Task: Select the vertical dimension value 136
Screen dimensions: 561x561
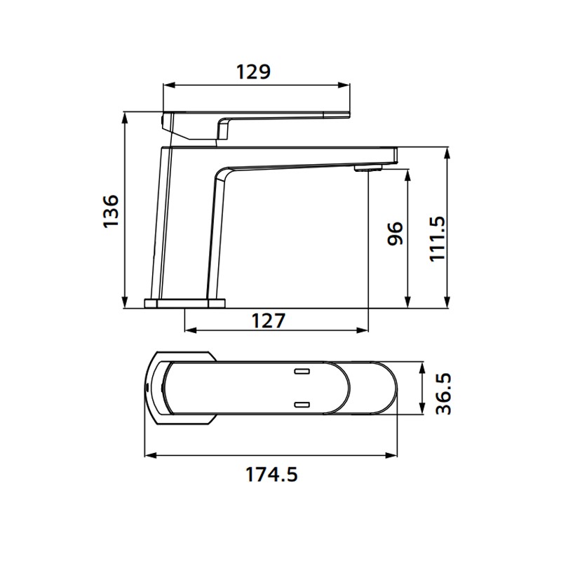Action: point(109,210)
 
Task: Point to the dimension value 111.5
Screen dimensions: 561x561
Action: point(437,238)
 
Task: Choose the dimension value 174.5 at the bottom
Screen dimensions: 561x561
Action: point(271,475)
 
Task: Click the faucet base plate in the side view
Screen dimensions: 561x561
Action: point(185,303)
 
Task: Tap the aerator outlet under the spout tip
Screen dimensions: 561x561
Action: point(367,168)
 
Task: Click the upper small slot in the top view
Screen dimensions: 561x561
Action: point(302,370)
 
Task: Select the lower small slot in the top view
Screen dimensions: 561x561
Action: point(302,404)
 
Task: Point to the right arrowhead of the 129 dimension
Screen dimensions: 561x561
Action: point(346,87)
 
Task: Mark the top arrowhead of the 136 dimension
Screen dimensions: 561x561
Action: point(124,116)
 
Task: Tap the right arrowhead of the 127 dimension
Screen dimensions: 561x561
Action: point(364,330)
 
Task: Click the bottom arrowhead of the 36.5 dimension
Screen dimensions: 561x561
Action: point(421,413)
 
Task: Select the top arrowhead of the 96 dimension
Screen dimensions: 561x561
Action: point(407,173)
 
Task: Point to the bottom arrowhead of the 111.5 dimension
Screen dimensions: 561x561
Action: point(447,303)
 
